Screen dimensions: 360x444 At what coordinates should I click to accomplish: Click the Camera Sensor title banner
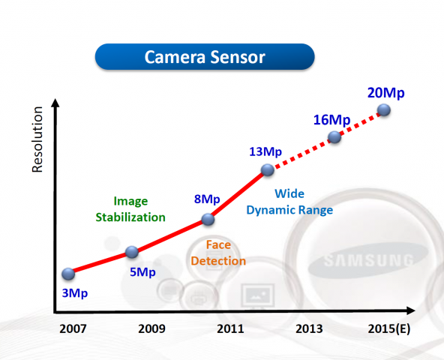pos(204,56)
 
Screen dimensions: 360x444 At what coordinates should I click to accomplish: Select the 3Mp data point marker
pos(68,274)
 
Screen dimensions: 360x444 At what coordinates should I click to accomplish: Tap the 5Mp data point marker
pos(131,253)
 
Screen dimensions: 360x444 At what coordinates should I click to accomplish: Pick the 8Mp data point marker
pos(209,220)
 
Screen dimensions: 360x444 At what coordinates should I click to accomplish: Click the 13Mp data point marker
pos(268,172)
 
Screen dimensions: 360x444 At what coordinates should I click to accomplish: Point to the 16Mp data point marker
pos(334,137)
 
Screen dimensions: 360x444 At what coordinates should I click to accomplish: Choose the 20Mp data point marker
pos(384,110)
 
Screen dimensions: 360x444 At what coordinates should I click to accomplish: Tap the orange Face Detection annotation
pos(218,253)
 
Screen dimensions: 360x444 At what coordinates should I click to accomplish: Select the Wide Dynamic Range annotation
pos(289,202)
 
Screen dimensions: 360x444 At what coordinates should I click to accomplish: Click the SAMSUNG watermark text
pos(368,261)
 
